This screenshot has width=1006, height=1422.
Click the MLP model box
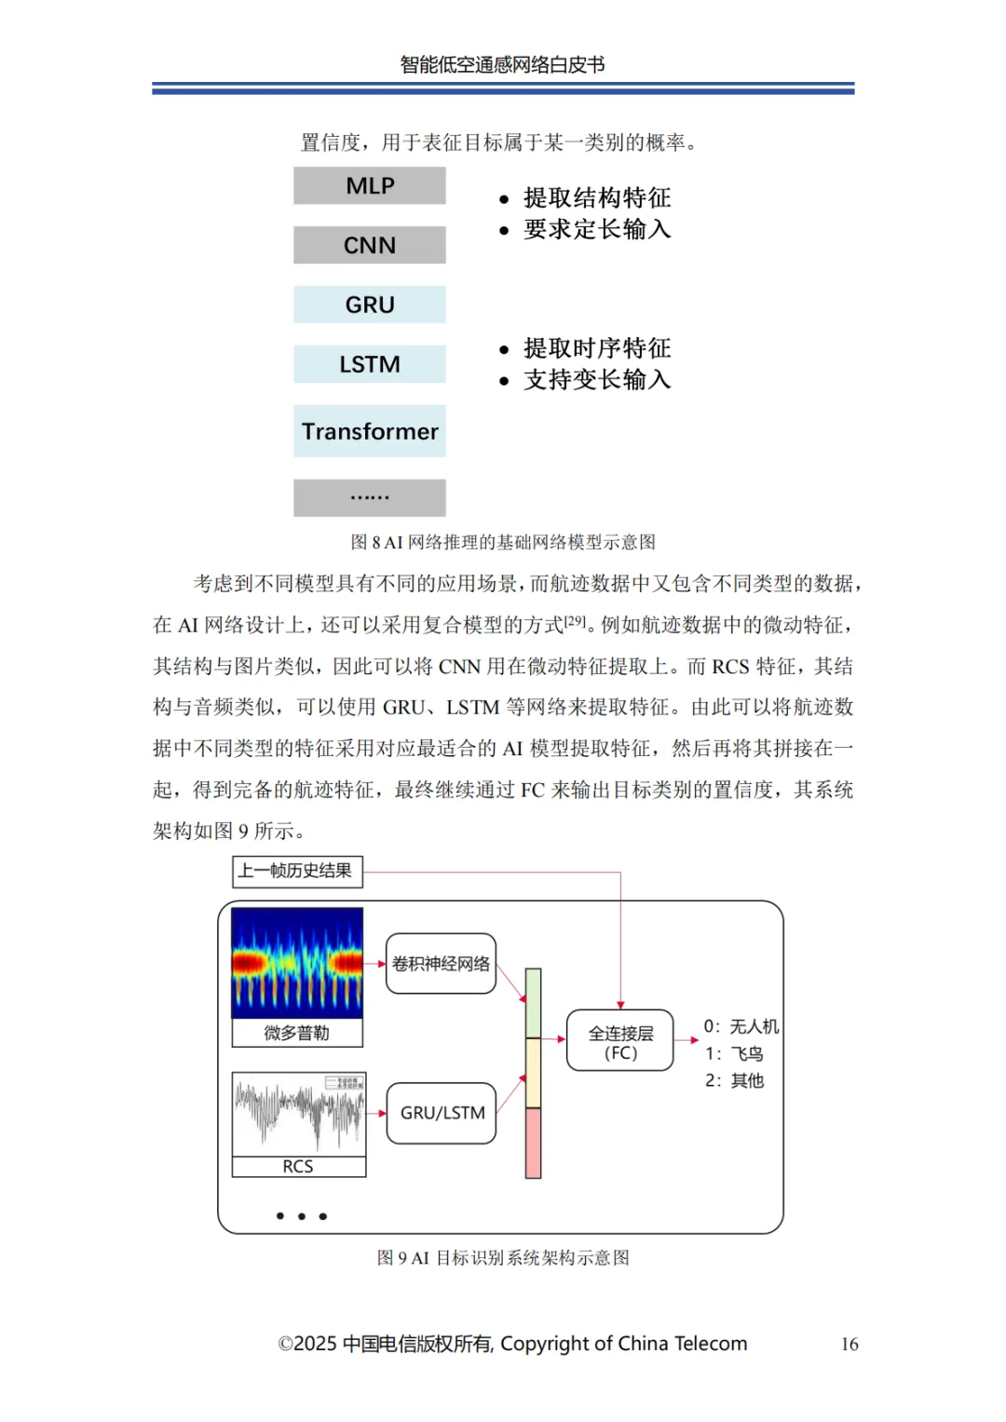coord(370,186)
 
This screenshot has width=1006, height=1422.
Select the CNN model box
coord(370,245)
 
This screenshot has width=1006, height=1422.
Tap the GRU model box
coord(370,305)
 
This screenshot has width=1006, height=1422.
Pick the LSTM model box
coord(370,364)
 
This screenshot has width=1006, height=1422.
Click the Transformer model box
coord(370,431)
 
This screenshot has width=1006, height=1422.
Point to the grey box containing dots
coord(370,497)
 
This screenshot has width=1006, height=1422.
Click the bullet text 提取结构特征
coord(596,197)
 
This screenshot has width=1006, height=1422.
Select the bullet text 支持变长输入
coord(596,380)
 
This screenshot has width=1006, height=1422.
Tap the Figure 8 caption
coord(503,542)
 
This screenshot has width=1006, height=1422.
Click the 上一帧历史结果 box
coord(296,872)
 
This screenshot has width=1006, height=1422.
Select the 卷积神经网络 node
coord(441,964)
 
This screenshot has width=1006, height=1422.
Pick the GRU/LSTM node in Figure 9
coord(442,1113)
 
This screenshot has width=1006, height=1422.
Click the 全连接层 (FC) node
coord(620,1041)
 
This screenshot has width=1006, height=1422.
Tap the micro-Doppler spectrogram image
coord(297,963)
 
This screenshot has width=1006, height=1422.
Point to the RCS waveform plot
coord(299,1114)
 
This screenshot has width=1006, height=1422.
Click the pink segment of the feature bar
coord(534,1143)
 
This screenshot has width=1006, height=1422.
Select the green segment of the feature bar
coord(534,1003)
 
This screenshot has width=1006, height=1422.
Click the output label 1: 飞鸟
coord(734,1054)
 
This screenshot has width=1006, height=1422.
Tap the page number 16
coord(850,1344)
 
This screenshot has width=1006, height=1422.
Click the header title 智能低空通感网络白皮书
coord(503,64)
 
